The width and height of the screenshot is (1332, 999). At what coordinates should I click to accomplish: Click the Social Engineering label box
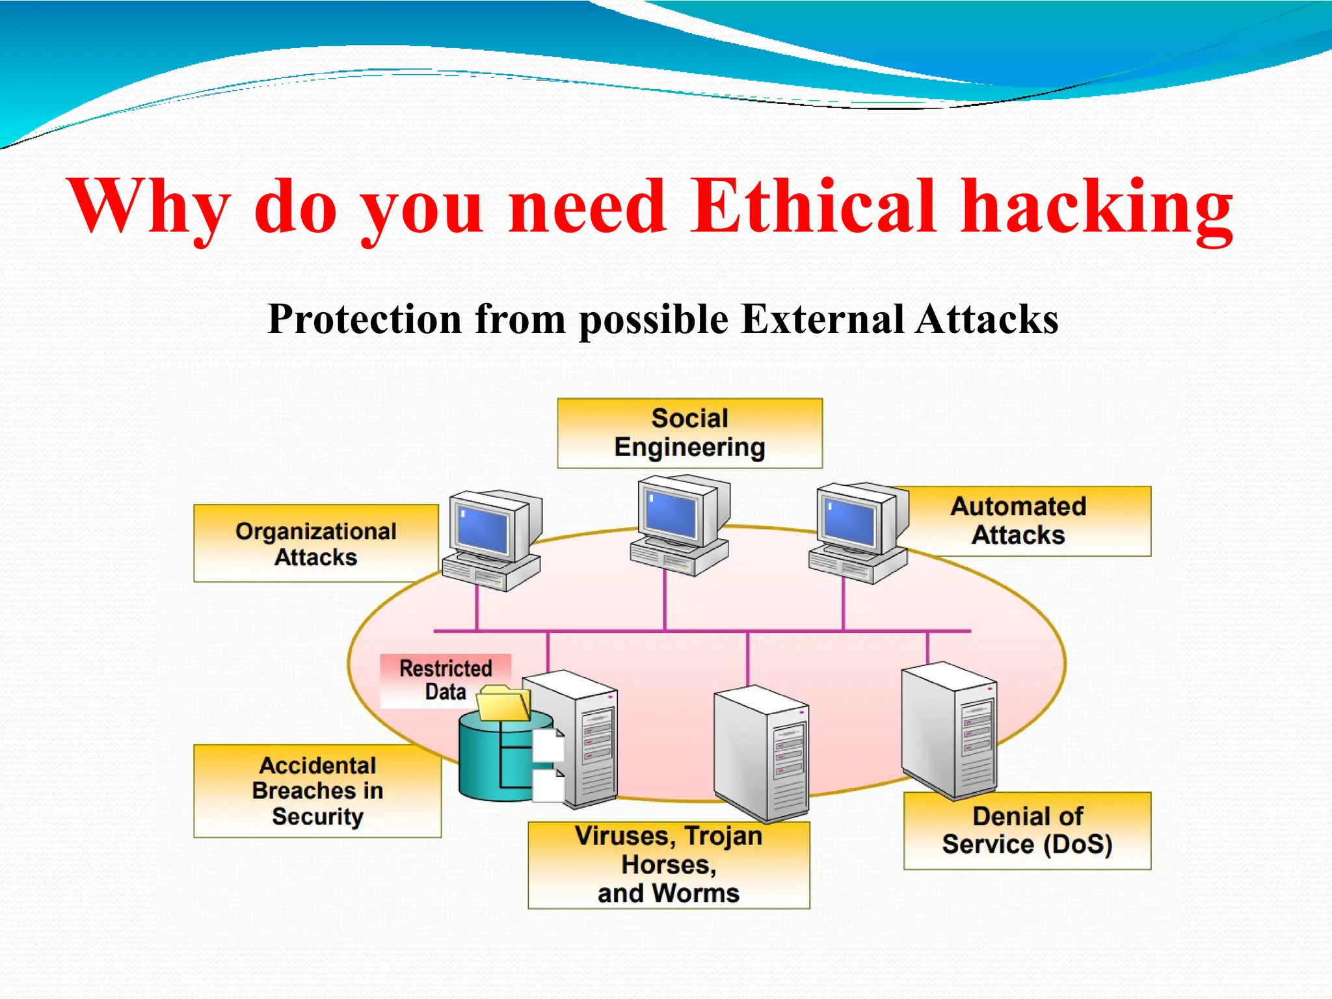pos(689,433)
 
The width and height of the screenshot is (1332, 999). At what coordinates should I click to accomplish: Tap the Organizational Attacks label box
pos(316,544)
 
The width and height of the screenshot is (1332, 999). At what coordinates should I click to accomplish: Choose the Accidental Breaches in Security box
pos(317,791)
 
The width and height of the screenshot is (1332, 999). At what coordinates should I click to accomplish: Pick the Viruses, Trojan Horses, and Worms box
pos(669,865)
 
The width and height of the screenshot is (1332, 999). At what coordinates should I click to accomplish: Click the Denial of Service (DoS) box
pos(1028,831)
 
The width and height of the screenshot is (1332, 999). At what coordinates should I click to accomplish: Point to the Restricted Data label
pos(446,680)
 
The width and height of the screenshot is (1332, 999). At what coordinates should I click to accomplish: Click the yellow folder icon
pos(503,704)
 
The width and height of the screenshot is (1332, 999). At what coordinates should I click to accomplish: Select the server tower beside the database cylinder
pos(576,738)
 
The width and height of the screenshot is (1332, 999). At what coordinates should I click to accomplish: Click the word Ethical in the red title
pos(813,207)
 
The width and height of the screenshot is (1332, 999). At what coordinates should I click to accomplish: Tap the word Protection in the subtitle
pos(364,319)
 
